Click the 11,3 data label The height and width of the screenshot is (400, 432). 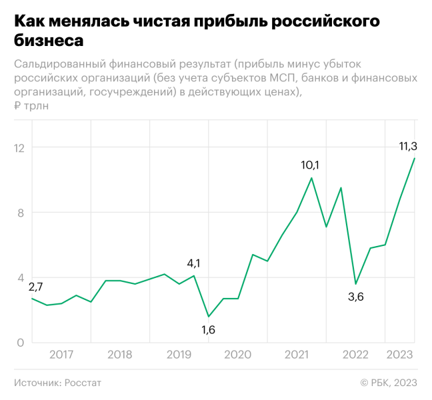[408, 146]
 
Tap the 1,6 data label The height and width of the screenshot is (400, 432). [209, 329]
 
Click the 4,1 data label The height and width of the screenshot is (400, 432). [193, 263]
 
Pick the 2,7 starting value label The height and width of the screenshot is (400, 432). [35, 287]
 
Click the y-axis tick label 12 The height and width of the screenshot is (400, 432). [19, 147]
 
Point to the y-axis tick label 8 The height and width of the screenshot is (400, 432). [21, 213]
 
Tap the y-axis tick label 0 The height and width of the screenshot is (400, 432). [21, 343]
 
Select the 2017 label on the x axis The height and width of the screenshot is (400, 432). [61, 355]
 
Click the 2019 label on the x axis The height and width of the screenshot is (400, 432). [179, 355]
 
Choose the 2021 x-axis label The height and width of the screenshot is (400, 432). [297, 355]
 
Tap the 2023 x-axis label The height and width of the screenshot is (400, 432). [399, 355]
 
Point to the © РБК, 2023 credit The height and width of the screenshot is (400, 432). [389, 383]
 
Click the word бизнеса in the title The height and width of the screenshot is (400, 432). [49, 40]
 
